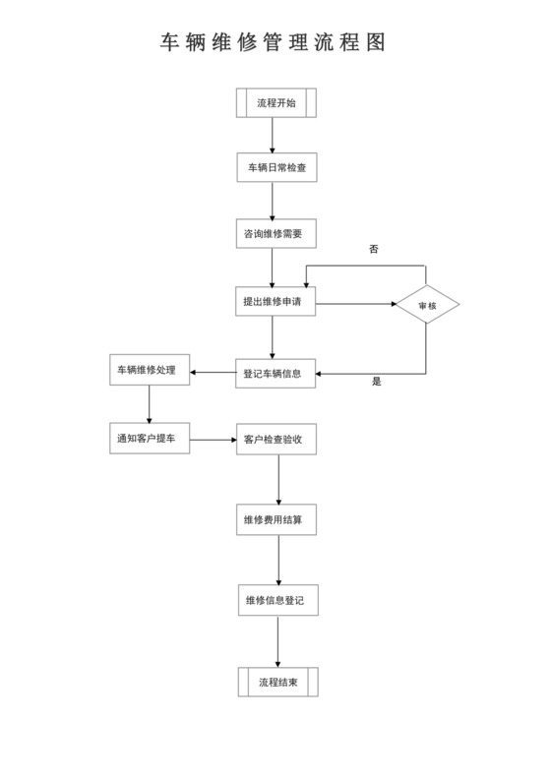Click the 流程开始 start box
click(x=276, y=103)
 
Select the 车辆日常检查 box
click(x=276, y=168)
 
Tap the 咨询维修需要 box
click(x=276, y=234)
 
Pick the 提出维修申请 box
click(x=276, y=303)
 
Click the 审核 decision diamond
click(x=427, y=305)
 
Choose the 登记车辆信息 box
click(x=276, y=373)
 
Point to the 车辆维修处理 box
click(x=149, y=372)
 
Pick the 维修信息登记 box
click(x=278, y=600)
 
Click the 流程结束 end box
click(x=278, y=682)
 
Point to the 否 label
click(x=374, y=250)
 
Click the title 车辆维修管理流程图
click(x=273, y=41)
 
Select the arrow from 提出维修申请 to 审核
click(x=354, y=304)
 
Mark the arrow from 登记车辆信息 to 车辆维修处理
click(x=212, y=373)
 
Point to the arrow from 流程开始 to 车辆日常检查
click(x=273, y=136)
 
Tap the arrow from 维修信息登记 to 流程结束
click(x=278, y=641)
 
